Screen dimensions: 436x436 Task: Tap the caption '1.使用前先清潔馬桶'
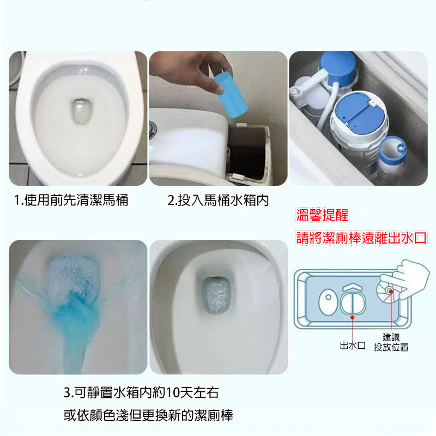71,200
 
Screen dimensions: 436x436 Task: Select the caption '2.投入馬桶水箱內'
219,200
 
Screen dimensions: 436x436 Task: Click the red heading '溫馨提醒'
322,215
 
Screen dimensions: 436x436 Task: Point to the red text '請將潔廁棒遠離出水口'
361,238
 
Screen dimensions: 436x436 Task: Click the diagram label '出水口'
353,346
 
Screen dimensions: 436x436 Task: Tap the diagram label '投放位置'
391,347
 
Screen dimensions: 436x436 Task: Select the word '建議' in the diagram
391,337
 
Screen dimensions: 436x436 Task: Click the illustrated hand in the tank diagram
405,278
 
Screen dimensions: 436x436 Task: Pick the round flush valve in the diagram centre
352,304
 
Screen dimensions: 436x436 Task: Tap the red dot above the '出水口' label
353,317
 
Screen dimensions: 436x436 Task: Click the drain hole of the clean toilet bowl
81,112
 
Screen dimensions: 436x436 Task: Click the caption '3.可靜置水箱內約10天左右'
141,392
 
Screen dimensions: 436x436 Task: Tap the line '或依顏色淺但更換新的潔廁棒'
148,415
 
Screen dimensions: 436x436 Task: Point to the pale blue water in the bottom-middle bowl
216,295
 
